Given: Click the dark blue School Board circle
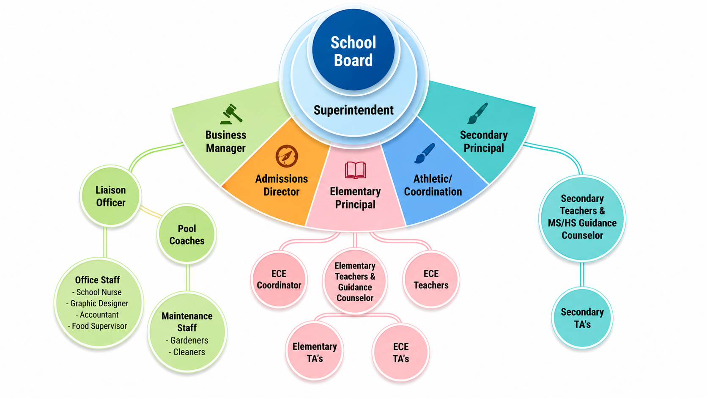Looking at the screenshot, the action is (353, 49).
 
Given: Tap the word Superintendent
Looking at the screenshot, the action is (353, 110).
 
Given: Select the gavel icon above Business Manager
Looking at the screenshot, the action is (231, 114).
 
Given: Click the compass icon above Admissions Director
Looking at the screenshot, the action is (287, 156).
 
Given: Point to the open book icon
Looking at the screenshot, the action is (355, 170).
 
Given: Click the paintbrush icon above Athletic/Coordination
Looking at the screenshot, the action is (425, 154).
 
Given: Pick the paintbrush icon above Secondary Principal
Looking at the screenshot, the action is (477, 113).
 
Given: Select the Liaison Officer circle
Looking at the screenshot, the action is (110, 196).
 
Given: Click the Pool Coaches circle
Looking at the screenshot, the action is (186, 234).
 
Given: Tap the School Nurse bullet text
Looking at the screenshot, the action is (97, 292).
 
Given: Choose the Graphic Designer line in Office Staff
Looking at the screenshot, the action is (97, 304).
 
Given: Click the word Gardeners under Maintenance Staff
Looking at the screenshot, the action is (189, 340).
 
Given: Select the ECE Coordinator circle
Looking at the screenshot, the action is (279, 279).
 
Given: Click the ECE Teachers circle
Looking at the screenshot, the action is (431, 279).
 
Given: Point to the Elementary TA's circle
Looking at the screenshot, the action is (314, 351).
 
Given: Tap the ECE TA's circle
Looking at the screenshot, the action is (401, 351).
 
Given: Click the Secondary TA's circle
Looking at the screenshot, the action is (582, 318).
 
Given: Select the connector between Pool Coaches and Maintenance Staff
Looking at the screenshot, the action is (188, 277).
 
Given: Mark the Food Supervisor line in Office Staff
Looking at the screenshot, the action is (97, 326).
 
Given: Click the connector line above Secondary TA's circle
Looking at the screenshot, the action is (582, 274).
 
